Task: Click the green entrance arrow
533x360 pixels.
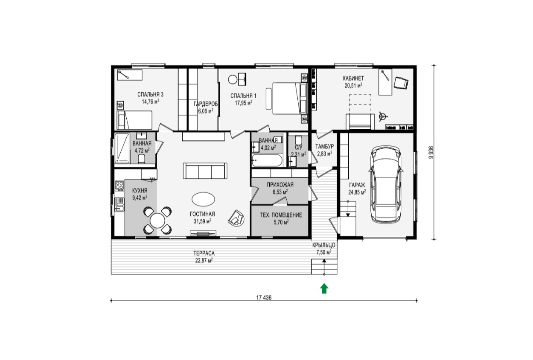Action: click(324, 289)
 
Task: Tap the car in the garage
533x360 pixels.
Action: click(386, 185)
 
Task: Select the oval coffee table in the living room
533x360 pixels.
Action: click(203, 199)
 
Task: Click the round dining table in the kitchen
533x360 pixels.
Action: click(157, 221)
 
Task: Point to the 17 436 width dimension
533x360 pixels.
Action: click(264, 297)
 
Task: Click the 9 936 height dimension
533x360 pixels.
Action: click(431, 152)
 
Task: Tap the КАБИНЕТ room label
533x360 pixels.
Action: click(353, 78)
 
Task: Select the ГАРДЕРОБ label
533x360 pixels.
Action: click(206, 104)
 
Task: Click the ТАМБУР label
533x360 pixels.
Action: click(325, 146)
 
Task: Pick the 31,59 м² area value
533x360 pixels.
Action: click(203, 221)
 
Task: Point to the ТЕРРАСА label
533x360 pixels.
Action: click(204, 253)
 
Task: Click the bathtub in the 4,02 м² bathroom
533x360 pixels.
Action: click(267, 160)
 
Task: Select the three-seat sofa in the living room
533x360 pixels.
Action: click(205, 171)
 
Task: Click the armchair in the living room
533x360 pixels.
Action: click(236, 218)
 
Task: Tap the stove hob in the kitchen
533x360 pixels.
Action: click(119, 186)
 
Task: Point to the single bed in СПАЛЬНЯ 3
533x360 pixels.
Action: click(134, 120)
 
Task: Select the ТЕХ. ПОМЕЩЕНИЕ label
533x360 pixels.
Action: click(281, 215)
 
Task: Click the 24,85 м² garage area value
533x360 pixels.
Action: click(357, 192)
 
